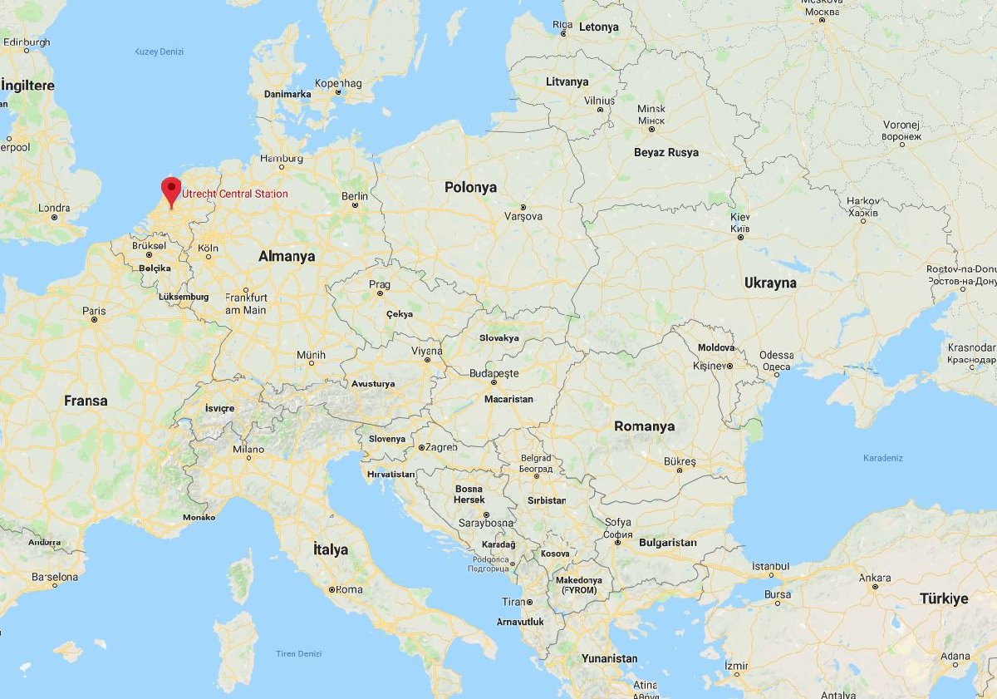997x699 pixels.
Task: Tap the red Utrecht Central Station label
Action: [x=235, y=194]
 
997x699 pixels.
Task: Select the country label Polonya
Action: [x=470, y=187]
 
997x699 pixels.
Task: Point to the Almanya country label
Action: [x=287, y=257]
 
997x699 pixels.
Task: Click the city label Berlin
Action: [x=354, y=196]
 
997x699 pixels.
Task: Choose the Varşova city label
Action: [x=523, y=216]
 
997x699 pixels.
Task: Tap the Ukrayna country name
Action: [x=770, y=283]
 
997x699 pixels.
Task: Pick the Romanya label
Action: [x=644, y=426]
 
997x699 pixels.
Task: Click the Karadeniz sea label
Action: [x=882, y=458]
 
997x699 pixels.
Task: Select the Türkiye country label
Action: [x=944, y=598]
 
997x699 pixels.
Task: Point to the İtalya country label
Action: [x=330, y=549]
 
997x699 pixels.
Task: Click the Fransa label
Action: [x=86, y=401]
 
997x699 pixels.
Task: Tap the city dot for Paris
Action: [x=95, y=319]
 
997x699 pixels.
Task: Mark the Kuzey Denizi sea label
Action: [x=159, y=52]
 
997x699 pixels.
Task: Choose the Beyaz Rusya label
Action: [x=665, y=152]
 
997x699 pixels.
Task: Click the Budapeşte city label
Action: [x=494, y=373]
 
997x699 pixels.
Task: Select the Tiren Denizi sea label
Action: [x=298, y=653]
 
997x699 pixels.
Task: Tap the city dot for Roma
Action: [x=332, y=589]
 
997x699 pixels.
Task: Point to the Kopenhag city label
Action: [x=338, y=83]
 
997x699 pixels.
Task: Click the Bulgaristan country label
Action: [x=667, y=543]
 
